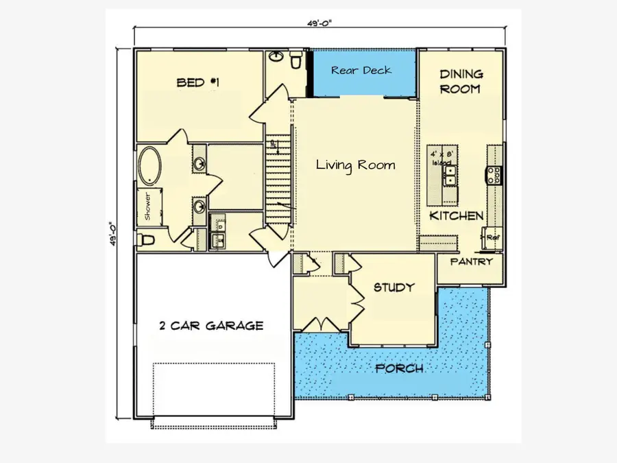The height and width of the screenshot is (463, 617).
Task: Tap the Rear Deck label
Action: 361,70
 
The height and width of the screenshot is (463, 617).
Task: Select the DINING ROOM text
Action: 461,81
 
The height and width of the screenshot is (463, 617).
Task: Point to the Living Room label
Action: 355,165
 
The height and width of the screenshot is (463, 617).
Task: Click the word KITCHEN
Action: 457,215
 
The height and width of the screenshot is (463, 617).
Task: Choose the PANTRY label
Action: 472,261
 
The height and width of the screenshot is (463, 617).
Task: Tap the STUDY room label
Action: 394,287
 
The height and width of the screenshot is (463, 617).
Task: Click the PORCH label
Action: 399,368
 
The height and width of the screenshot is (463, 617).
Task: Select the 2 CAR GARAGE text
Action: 210,326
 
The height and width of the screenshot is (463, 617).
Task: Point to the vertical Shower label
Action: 147,206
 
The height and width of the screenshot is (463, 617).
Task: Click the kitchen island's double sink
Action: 449,180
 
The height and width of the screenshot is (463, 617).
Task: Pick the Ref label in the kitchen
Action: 492,237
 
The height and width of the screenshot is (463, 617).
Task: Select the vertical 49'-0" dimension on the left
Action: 113,233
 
